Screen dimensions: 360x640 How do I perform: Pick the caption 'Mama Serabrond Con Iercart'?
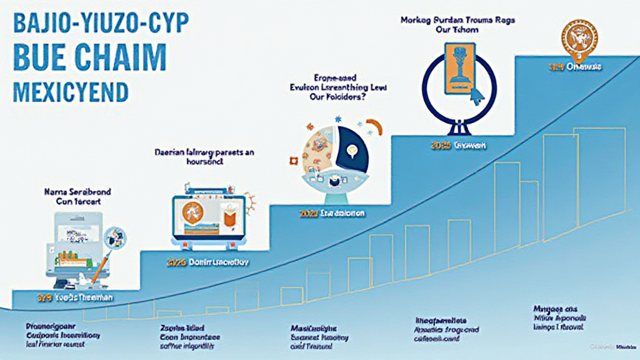[x=74, y=197]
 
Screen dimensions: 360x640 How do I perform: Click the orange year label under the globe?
[x=307, y=214]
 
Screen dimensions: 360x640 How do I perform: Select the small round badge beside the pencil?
[x=116, y=236]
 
